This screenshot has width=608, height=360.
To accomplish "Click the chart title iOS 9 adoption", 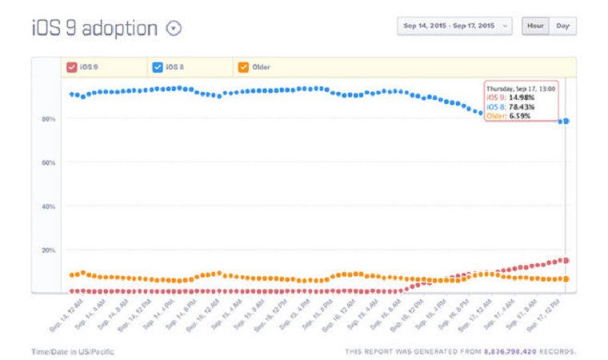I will (x=94, y=28).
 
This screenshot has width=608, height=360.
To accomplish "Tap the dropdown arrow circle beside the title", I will (x=174, y=28).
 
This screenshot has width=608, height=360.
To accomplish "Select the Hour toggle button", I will (x=535, y=26).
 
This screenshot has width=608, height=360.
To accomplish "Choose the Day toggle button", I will (x=563, y=26).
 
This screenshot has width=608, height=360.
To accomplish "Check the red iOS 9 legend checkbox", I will (x=72, y=67).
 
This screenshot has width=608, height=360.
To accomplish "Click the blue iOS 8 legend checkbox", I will (x=158, y=67).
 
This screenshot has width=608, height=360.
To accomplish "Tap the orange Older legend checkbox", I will (x=242, y=67).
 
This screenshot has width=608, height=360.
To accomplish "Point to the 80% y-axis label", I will (x=49, y=119).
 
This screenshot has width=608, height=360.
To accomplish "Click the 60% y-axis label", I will (x=49, y=163).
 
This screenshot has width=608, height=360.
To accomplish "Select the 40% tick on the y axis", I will (x=49, y=206).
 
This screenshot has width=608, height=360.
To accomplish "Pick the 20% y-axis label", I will (x=49, y=250).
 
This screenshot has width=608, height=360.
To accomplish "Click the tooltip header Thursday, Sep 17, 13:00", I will (x=521, y=89).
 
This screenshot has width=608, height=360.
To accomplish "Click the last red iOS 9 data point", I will (x=566, y=260).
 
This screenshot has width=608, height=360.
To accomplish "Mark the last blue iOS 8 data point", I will (x=566, y=121).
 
